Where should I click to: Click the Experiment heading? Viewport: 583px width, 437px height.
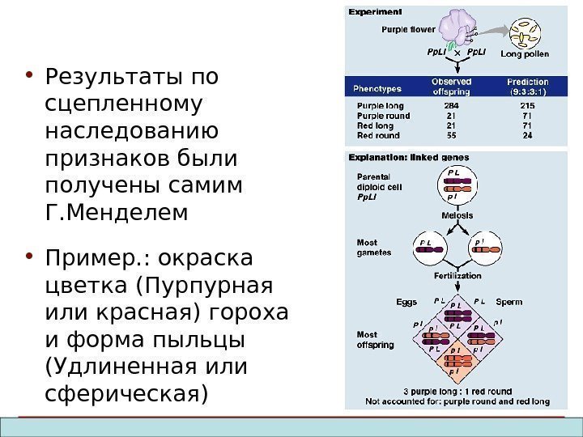tap(376, 12)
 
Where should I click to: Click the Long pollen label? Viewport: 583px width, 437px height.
tap(525, 54)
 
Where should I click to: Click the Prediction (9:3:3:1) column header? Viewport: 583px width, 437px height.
tap(527, 87)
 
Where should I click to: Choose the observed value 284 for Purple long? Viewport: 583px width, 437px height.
tap(451, 105)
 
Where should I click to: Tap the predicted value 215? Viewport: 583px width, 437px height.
tap(527, 105)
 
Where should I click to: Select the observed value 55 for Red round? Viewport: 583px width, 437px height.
tap(451, 136)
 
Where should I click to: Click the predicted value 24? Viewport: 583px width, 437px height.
tap(527, 136)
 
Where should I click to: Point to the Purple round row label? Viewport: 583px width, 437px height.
tap(384, 116)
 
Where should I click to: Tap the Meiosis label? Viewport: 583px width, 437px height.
tap(457, 215)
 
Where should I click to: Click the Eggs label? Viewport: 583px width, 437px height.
tap(406, 302)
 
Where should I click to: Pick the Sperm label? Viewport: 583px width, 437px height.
tap(509, 302)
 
